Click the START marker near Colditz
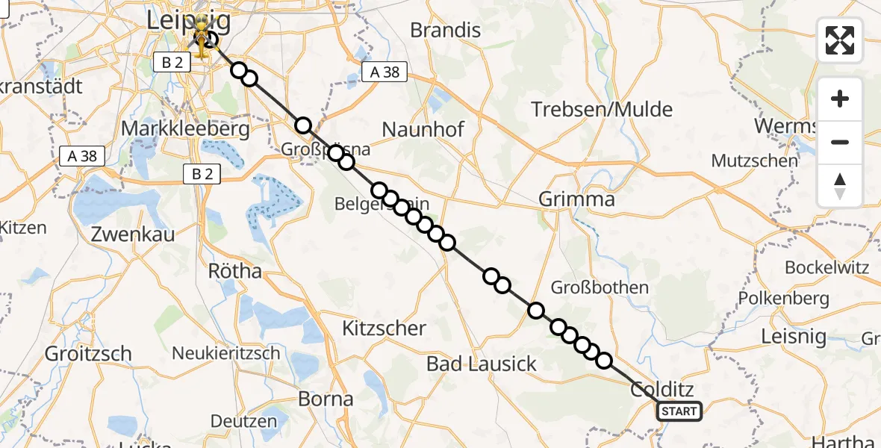(x=679, y=411)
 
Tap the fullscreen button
(x=840, y=40)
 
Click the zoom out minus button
(x=840, y=142)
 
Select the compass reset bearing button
(x=840, y=186)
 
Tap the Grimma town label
(x=577, y=199)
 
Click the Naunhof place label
(x=423, y=130)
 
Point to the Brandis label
(x=446, y=31)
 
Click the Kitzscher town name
(x=384, y=328)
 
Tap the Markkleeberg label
(x=185, y=129)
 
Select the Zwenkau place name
(x=133, y=234)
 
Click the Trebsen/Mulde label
(x=602, y=110)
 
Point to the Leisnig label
(x=794, y=337)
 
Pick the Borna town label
(x=326, y=399)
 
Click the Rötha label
(x=236, y=270)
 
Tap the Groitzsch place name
(x=88, y=353)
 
